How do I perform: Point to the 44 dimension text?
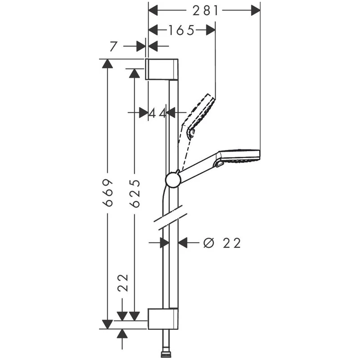pyautogui.click(x=157, y=112)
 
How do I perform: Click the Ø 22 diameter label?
pyautogui.click(x=222, y=243)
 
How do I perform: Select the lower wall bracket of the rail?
pyautogui.click(x=163, y=319)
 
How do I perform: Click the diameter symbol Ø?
pyautogui.click(x=208, y=243)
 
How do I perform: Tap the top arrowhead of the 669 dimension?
pyautogui.click(x=107, y=63)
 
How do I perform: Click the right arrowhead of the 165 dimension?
pyautogui.click(x=210, y=30)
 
